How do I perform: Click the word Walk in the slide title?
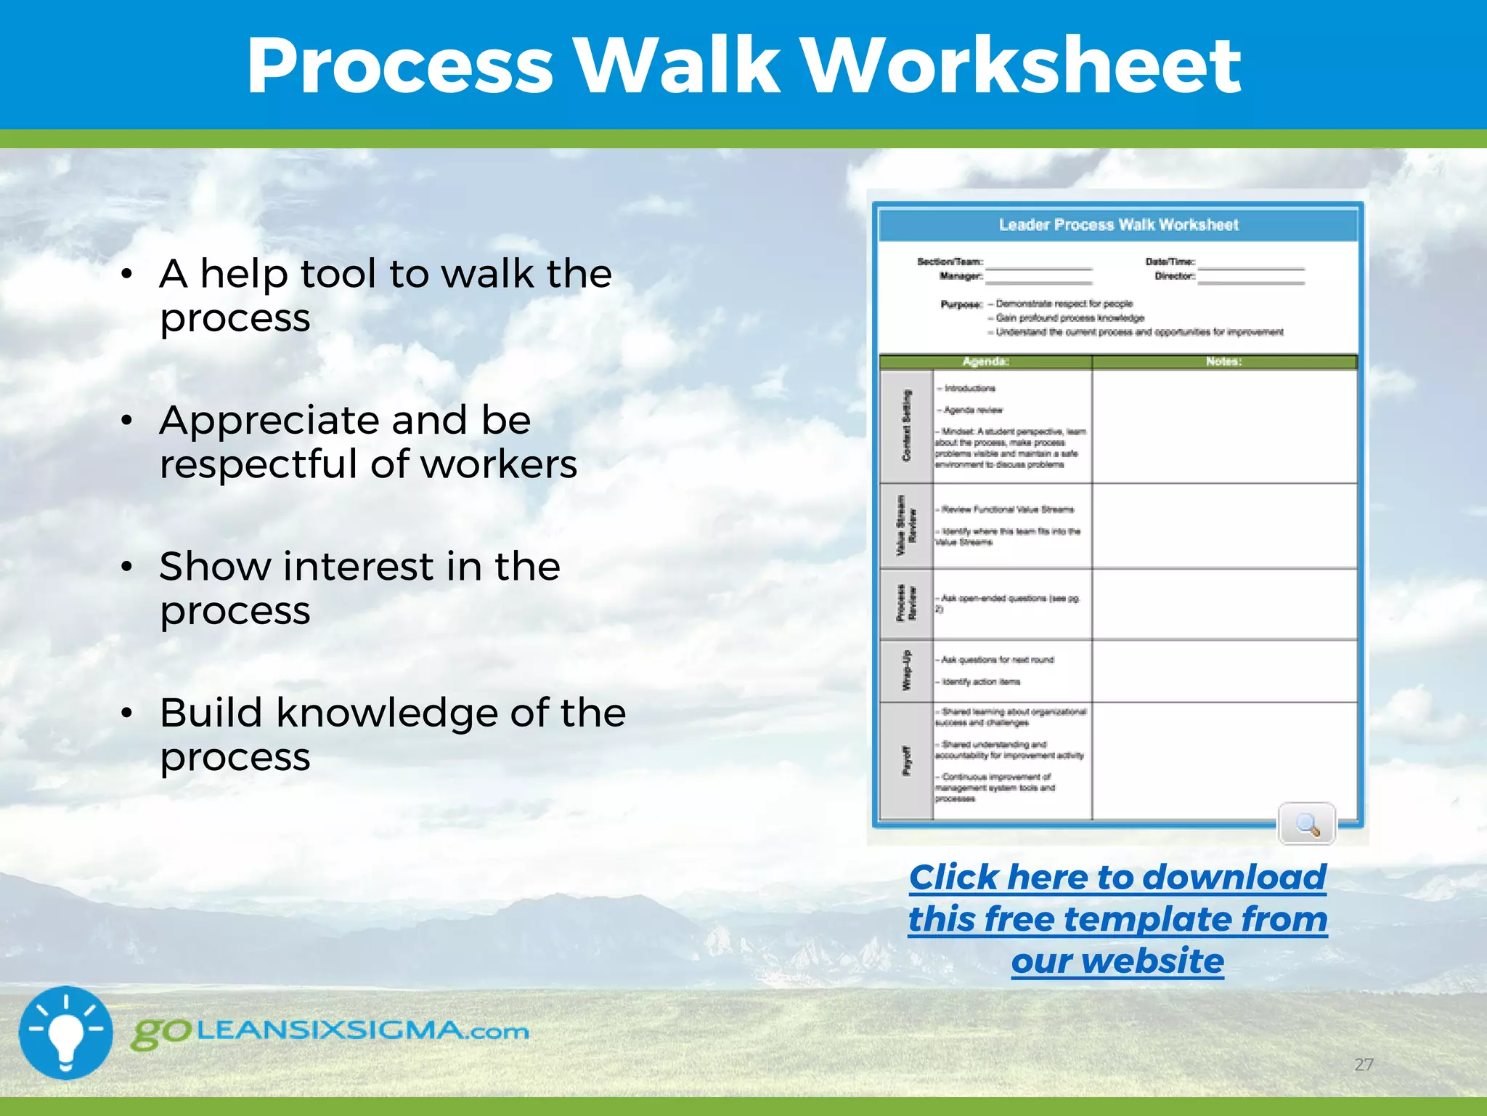(x=677, y=67)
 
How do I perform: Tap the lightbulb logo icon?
(x=65, y=1032)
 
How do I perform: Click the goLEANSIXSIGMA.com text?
(x=330, y=1032)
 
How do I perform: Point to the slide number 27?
(x=1364, y=1064)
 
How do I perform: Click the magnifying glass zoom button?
(x=1306, y=824)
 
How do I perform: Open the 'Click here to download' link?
(x=1117, y=877)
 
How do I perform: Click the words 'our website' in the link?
(x=1117, y=961)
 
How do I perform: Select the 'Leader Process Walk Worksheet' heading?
(x=1118, y=225)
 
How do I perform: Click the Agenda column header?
(x=985, y=362)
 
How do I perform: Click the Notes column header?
(x=1223, y=362)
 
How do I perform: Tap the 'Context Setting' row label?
(x=906, y=426)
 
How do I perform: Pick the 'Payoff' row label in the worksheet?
(x=906, y=760)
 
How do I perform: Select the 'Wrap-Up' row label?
(x=906, y=670)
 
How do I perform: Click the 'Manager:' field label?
(x=961, y=276)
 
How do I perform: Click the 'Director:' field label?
(x=1174, y=276)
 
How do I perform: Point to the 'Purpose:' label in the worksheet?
(x=961, y=304)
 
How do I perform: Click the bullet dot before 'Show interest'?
(x=127, y=567)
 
